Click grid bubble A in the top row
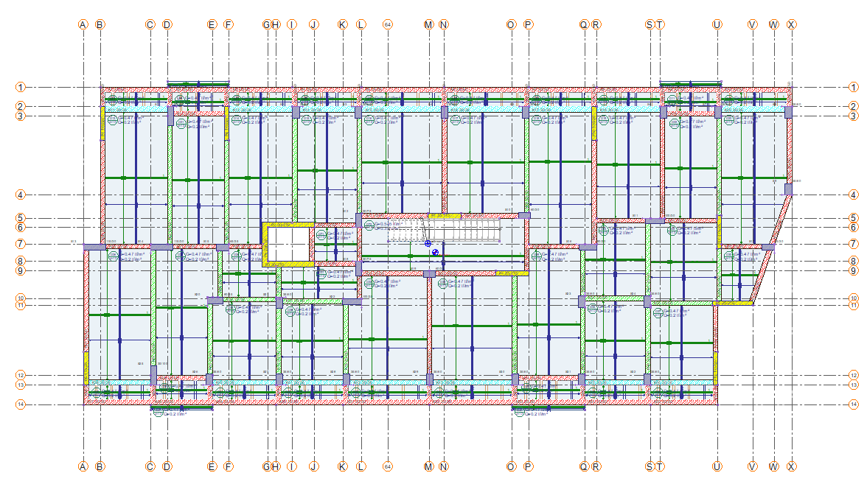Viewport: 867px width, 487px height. tap(83, 24)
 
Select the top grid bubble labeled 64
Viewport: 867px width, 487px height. tap(388, 24)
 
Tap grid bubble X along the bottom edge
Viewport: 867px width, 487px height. tap(791, 466)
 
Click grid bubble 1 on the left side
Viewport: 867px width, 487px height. tap(21, 87)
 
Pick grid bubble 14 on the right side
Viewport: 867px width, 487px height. tap(854, 404)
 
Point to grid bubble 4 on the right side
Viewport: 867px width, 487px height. tap(854, 195)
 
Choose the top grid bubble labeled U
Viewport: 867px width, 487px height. tap(717, 24)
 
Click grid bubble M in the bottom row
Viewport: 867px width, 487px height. tap(429, 466)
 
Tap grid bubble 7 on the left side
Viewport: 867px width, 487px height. tap(21, 244)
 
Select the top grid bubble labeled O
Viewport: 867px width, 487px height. tap(511, 24)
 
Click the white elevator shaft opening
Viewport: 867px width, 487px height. tap(288, 245)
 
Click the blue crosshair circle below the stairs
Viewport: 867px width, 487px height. tap(428, 242)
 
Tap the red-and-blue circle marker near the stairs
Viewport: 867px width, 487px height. tap(436, 252)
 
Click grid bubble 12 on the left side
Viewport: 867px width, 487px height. tap(21, 375)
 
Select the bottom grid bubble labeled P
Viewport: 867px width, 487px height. tap(528, 466)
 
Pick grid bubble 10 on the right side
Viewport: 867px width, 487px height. tap(854, 298)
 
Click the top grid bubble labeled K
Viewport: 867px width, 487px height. tap(342, 24)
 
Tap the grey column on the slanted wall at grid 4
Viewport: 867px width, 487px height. tap(788, 189)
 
